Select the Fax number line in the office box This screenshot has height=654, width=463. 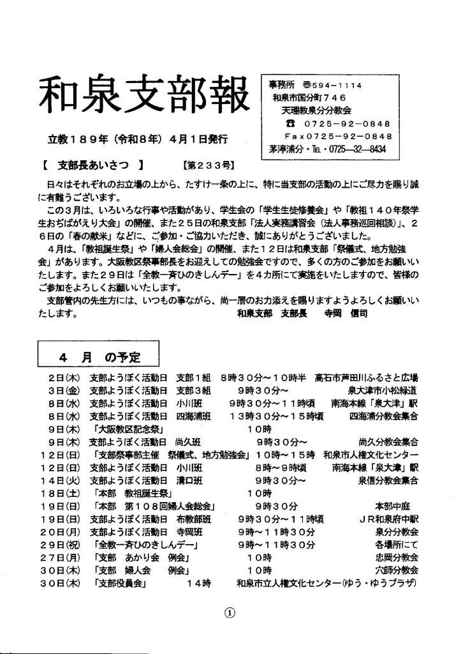[x=338, y=136]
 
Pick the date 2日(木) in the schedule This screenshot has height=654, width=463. [x=62, y=377]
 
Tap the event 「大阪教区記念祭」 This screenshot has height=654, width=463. [x=128, y=428]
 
